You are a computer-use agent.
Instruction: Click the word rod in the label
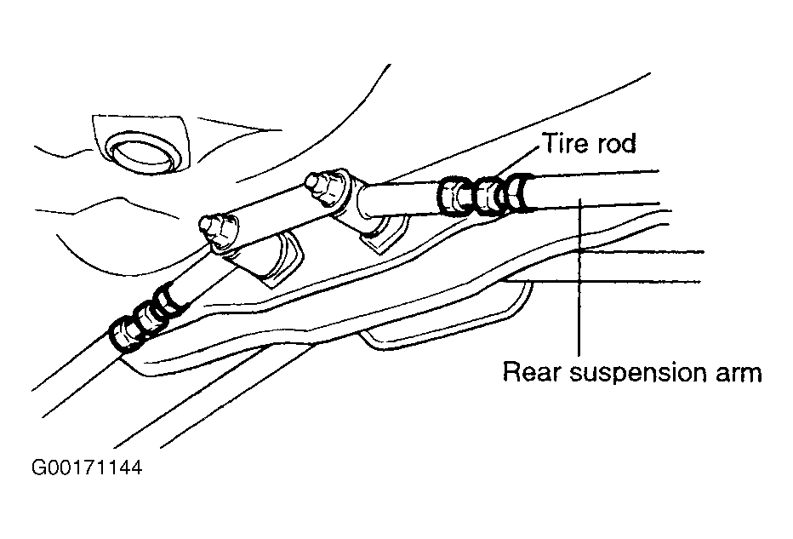pyautogui.click(x=616, y=143)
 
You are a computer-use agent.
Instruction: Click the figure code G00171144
pyautogui.click(x=87, y=467)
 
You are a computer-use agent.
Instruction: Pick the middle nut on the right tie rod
pyautogui.click(x=488, y=195)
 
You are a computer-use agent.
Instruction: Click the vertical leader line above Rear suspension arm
pyautogui.click(x=580, y=277)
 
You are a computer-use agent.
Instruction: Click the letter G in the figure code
pyautogui.click(x=39, y=467)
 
